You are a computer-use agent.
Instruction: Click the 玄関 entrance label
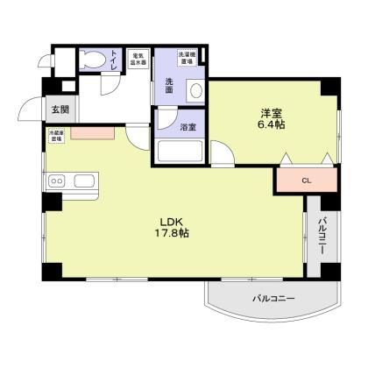coord(60,110)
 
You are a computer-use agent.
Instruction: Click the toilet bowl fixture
coord(92,60)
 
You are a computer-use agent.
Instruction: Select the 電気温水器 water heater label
coord(138,59)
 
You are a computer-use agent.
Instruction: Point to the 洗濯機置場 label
coord(187,58)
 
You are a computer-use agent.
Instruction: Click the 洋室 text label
coord(270,113)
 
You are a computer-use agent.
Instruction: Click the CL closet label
coord(306,180)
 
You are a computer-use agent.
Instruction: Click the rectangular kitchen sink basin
coord(85,180)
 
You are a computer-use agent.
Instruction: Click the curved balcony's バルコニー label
coord(274,299)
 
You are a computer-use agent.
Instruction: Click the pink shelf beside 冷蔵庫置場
coord(92,134)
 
